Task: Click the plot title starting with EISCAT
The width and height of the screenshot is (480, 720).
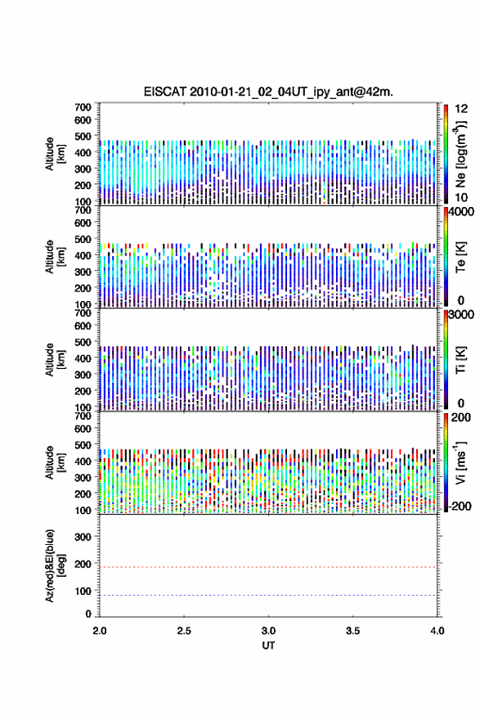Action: [268, 92]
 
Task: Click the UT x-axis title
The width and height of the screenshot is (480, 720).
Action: [268, 646]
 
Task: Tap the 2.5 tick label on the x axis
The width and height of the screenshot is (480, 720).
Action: [184, 631]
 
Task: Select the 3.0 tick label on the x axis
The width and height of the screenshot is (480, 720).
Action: [268, 631]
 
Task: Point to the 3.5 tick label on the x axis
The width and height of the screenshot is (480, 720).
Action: [353, 631]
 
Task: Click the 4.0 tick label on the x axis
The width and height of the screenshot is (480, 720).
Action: [437, 631]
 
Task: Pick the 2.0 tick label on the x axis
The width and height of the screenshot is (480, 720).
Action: [100, 631]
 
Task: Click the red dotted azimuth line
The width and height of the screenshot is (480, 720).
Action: [268, 567]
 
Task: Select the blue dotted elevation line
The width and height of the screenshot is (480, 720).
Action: [268, 595]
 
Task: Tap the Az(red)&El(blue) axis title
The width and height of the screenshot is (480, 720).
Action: [56, 565]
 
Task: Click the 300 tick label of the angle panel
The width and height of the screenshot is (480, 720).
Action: [83, 537]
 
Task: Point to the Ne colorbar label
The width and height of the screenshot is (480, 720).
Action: [460, 155]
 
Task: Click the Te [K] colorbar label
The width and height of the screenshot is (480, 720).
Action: [460, 257]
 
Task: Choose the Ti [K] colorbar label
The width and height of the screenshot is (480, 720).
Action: [460, 360]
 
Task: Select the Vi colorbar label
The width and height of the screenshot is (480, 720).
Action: [460, 463]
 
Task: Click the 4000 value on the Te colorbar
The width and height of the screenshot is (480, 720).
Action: [461, 212]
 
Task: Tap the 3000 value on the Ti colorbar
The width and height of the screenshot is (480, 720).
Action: [461, 314]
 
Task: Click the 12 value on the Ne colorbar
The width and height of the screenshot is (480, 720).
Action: [461, 109]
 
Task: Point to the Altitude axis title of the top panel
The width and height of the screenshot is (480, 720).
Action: [56, 154]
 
